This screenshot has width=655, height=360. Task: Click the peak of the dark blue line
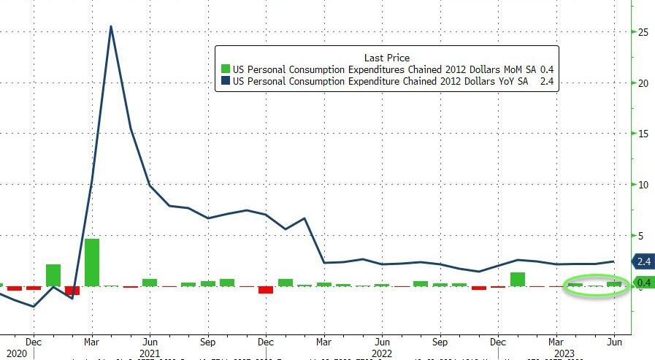click(110, 27)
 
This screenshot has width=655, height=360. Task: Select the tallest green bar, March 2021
click(92, 262)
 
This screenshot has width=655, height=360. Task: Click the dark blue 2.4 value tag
click(643, 261)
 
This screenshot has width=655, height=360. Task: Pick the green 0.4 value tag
click(643, 283)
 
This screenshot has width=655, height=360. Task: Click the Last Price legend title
click(386, 57)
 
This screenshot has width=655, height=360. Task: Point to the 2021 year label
click(150, 353)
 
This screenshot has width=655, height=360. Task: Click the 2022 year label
click(381, 353)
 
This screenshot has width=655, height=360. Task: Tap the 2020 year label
click(16, 353)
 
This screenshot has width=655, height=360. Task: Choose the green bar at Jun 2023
click(613, 284)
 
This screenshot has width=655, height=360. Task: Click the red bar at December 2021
click(266, 290)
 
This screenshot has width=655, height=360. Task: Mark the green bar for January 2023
click(518, 279)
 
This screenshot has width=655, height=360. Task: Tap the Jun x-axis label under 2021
click(150, 341)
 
